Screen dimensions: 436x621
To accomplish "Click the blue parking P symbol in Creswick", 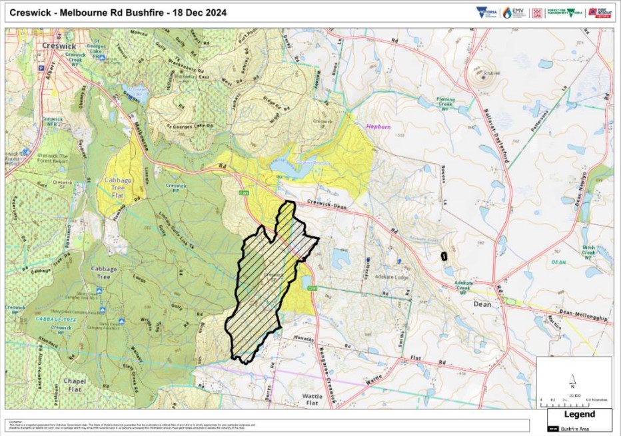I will [x=41, y=68].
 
